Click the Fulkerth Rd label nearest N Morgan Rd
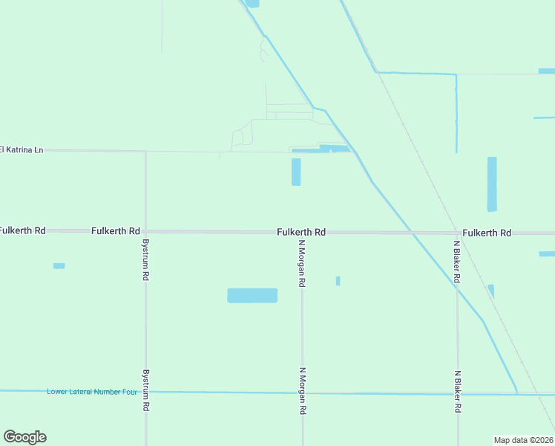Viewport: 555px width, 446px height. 301,232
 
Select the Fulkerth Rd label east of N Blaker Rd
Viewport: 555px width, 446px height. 486,233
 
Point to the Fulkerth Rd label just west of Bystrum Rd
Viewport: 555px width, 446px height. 116,231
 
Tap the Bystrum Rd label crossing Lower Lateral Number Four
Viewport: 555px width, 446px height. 145,391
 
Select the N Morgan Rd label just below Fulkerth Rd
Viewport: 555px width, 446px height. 302,263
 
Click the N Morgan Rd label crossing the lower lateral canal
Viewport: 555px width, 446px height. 302,391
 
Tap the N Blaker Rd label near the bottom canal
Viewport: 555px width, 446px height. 458,392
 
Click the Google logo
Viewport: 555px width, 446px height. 24,437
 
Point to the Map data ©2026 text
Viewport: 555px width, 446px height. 523,439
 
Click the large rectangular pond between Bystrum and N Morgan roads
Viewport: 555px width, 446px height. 252,295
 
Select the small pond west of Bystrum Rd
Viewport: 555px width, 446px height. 59,265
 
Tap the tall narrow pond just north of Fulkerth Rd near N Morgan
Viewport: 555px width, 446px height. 296,172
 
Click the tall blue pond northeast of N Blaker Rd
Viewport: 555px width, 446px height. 491,184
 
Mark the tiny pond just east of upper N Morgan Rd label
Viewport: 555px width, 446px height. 338,281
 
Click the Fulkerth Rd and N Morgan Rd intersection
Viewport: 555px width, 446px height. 302,233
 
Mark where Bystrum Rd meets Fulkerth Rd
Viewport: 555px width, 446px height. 145,232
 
